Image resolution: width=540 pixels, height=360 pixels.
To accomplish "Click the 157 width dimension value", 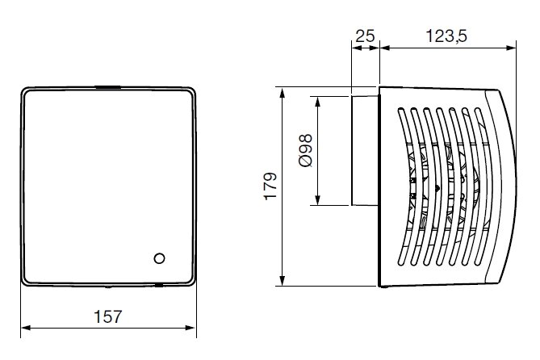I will pyautogui.click(x=107, y=316).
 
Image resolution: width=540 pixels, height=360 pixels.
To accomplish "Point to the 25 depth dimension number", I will pyautogui.click(x=365, y=36).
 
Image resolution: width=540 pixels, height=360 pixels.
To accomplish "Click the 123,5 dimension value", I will pyautogui.click(x=446, y=36).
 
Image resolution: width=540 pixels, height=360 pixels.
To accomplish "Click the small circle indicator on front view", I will pyautogui.click(x=159, y=258).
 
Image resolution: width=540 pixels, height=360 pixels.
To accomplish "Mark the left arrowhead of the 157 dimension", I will pyautogui.click(x=24, y=329).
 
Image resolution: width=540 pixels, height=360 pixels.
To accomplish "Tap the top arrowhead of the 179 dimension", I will pyautogui.click(x=283, y=91).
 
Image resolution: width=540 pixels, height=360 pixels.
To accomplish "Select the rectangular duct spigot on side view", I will pyautogui.click(x=364, y=150).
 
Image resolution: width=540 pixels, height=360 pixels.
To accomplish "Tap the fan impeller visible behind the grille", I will pyautogui.click(x=436, y=190).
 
